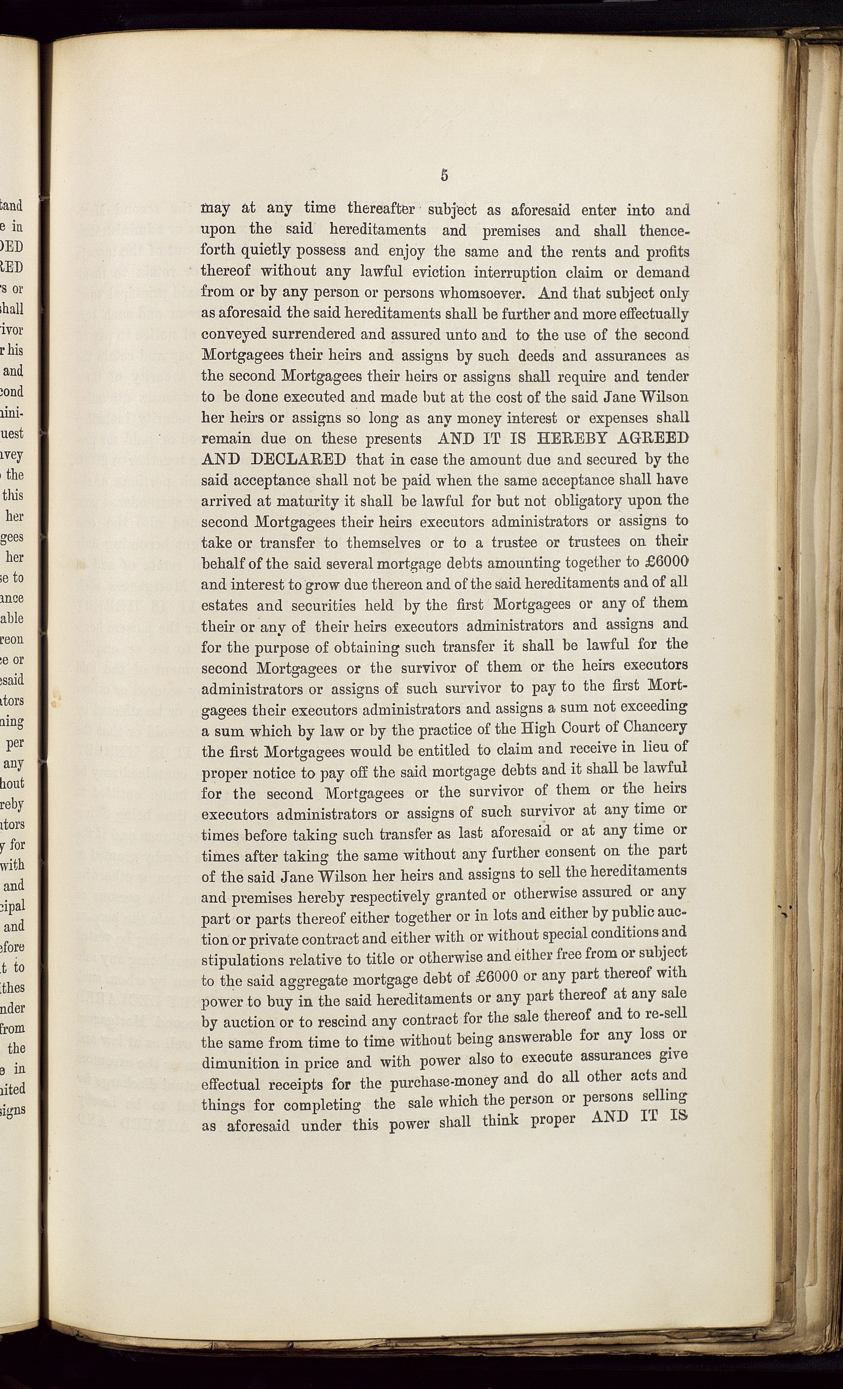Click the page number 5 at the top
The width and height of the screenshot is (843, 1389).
[444, 175]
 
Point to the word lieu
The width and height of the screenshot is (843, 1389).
[653, 748]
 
